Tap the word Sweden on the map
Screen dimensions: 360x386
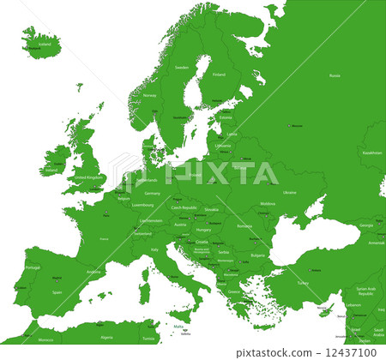181,67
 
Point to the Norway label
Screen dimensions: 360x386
150,95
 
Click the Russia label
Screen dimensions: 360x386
334,75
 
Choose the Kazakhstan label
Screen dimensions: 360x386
371,152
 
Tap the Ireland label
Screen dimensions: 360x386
51,170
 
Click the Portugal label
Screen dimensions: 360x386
33,267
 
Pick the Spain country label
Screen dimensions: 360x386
57,291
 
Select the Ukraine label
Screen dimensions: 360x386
290,192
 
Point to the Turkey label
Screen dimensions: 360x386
302,282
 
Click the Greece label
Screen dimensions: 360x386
234,291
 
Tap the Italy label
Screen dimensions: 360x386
155,249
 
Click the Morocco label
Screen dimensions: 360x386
45,339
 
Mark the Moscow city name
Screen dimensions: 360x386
298,126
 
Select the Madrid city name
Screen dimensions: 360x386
57,278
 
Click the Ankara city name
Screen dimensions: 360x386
315,271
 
